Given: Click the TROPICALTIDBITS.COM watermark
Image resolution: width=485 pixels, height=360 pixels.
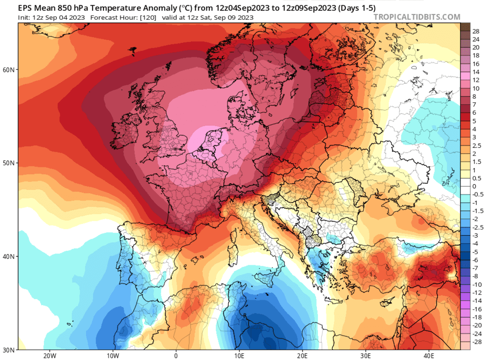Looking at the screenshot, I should (417, 17).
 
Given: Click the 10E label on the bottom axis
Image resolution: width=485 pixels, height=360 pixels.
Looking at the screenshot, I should (239, 356).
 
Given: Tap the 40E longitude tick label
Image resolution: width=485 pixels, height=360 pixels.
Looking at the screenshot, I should (429, 356).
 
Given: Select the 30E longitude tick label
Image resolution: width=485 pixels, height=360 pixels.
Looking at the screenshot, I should (365, 356).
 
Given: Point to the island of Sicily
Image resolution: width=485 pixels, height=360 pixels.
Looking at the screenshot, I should (264, 278).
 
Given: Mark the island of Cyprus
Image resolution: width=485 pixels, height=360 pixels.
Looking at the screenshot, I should (381, 303).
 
